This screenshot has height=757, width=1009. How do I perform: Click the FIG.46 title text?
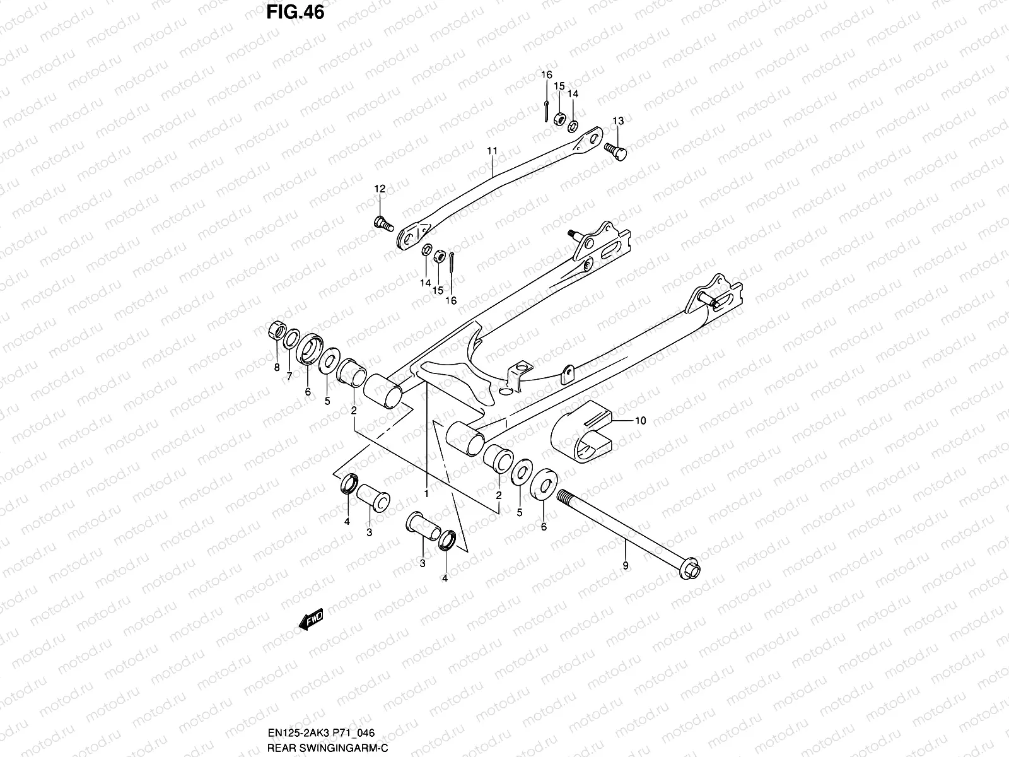[295, 12]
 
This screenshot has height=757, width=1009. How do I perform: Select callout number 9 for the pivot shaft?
[626, 566]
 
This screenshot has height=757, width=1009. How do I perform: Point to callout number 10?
[640, 421]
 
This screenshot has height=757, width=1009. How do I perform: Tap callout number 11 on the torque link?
[493, 151]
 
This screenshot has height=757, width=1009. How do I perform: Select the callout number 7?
[289, 376]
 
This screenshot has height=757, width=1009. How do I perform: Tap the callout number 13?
[618, 120]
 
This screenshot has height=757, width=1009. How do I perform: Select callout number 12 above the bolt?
[380, 189]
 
